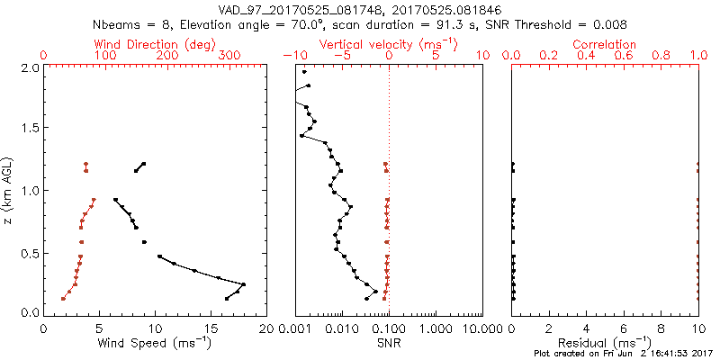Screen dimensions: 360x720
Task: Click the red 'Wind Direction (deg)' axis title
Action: pyautogui.click(x=155, y=44)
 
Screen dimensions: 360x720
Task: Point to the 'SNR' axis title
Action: pyautogui.click(x=389, y=343)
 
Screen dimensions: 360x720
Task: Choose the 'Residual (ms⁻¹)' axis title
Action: pyautogui.click(x=606, y=343)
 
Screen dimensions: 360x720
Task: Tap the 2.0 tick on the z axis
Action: pyautogui.click(x=30, y=67)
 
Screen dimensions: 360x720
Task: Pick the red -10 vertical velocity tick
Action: pyautogui.click(x=292, y=56)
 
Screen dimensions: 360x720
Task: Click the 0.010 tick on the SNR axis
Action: pyautogui.click(x=341, y=329)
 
